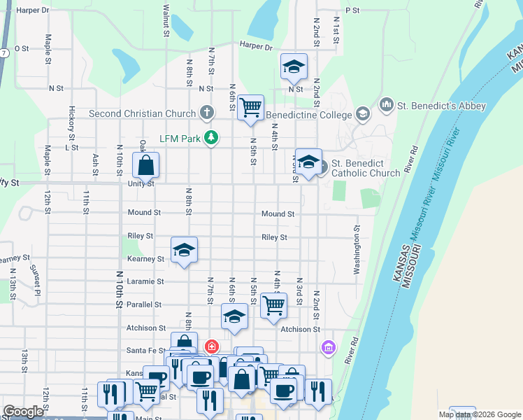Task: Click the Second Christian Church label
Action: pos(142,113)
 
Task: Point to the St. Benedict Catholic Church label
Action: pos(366,168)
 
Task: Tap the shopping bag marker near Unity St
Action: pos(146,167)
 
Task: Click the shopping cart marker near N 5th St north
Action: pos(250,108)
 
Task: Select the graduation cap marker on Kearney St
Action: pos(185,250)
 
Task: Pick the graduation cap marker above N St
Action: pos(294,66)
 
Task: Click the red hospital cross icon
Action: pos(210,346)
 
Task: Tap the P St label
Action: pos(352,10)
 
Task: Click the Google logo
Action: pos(24,412)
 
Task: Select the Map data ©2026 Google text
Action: pos(479,414)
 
